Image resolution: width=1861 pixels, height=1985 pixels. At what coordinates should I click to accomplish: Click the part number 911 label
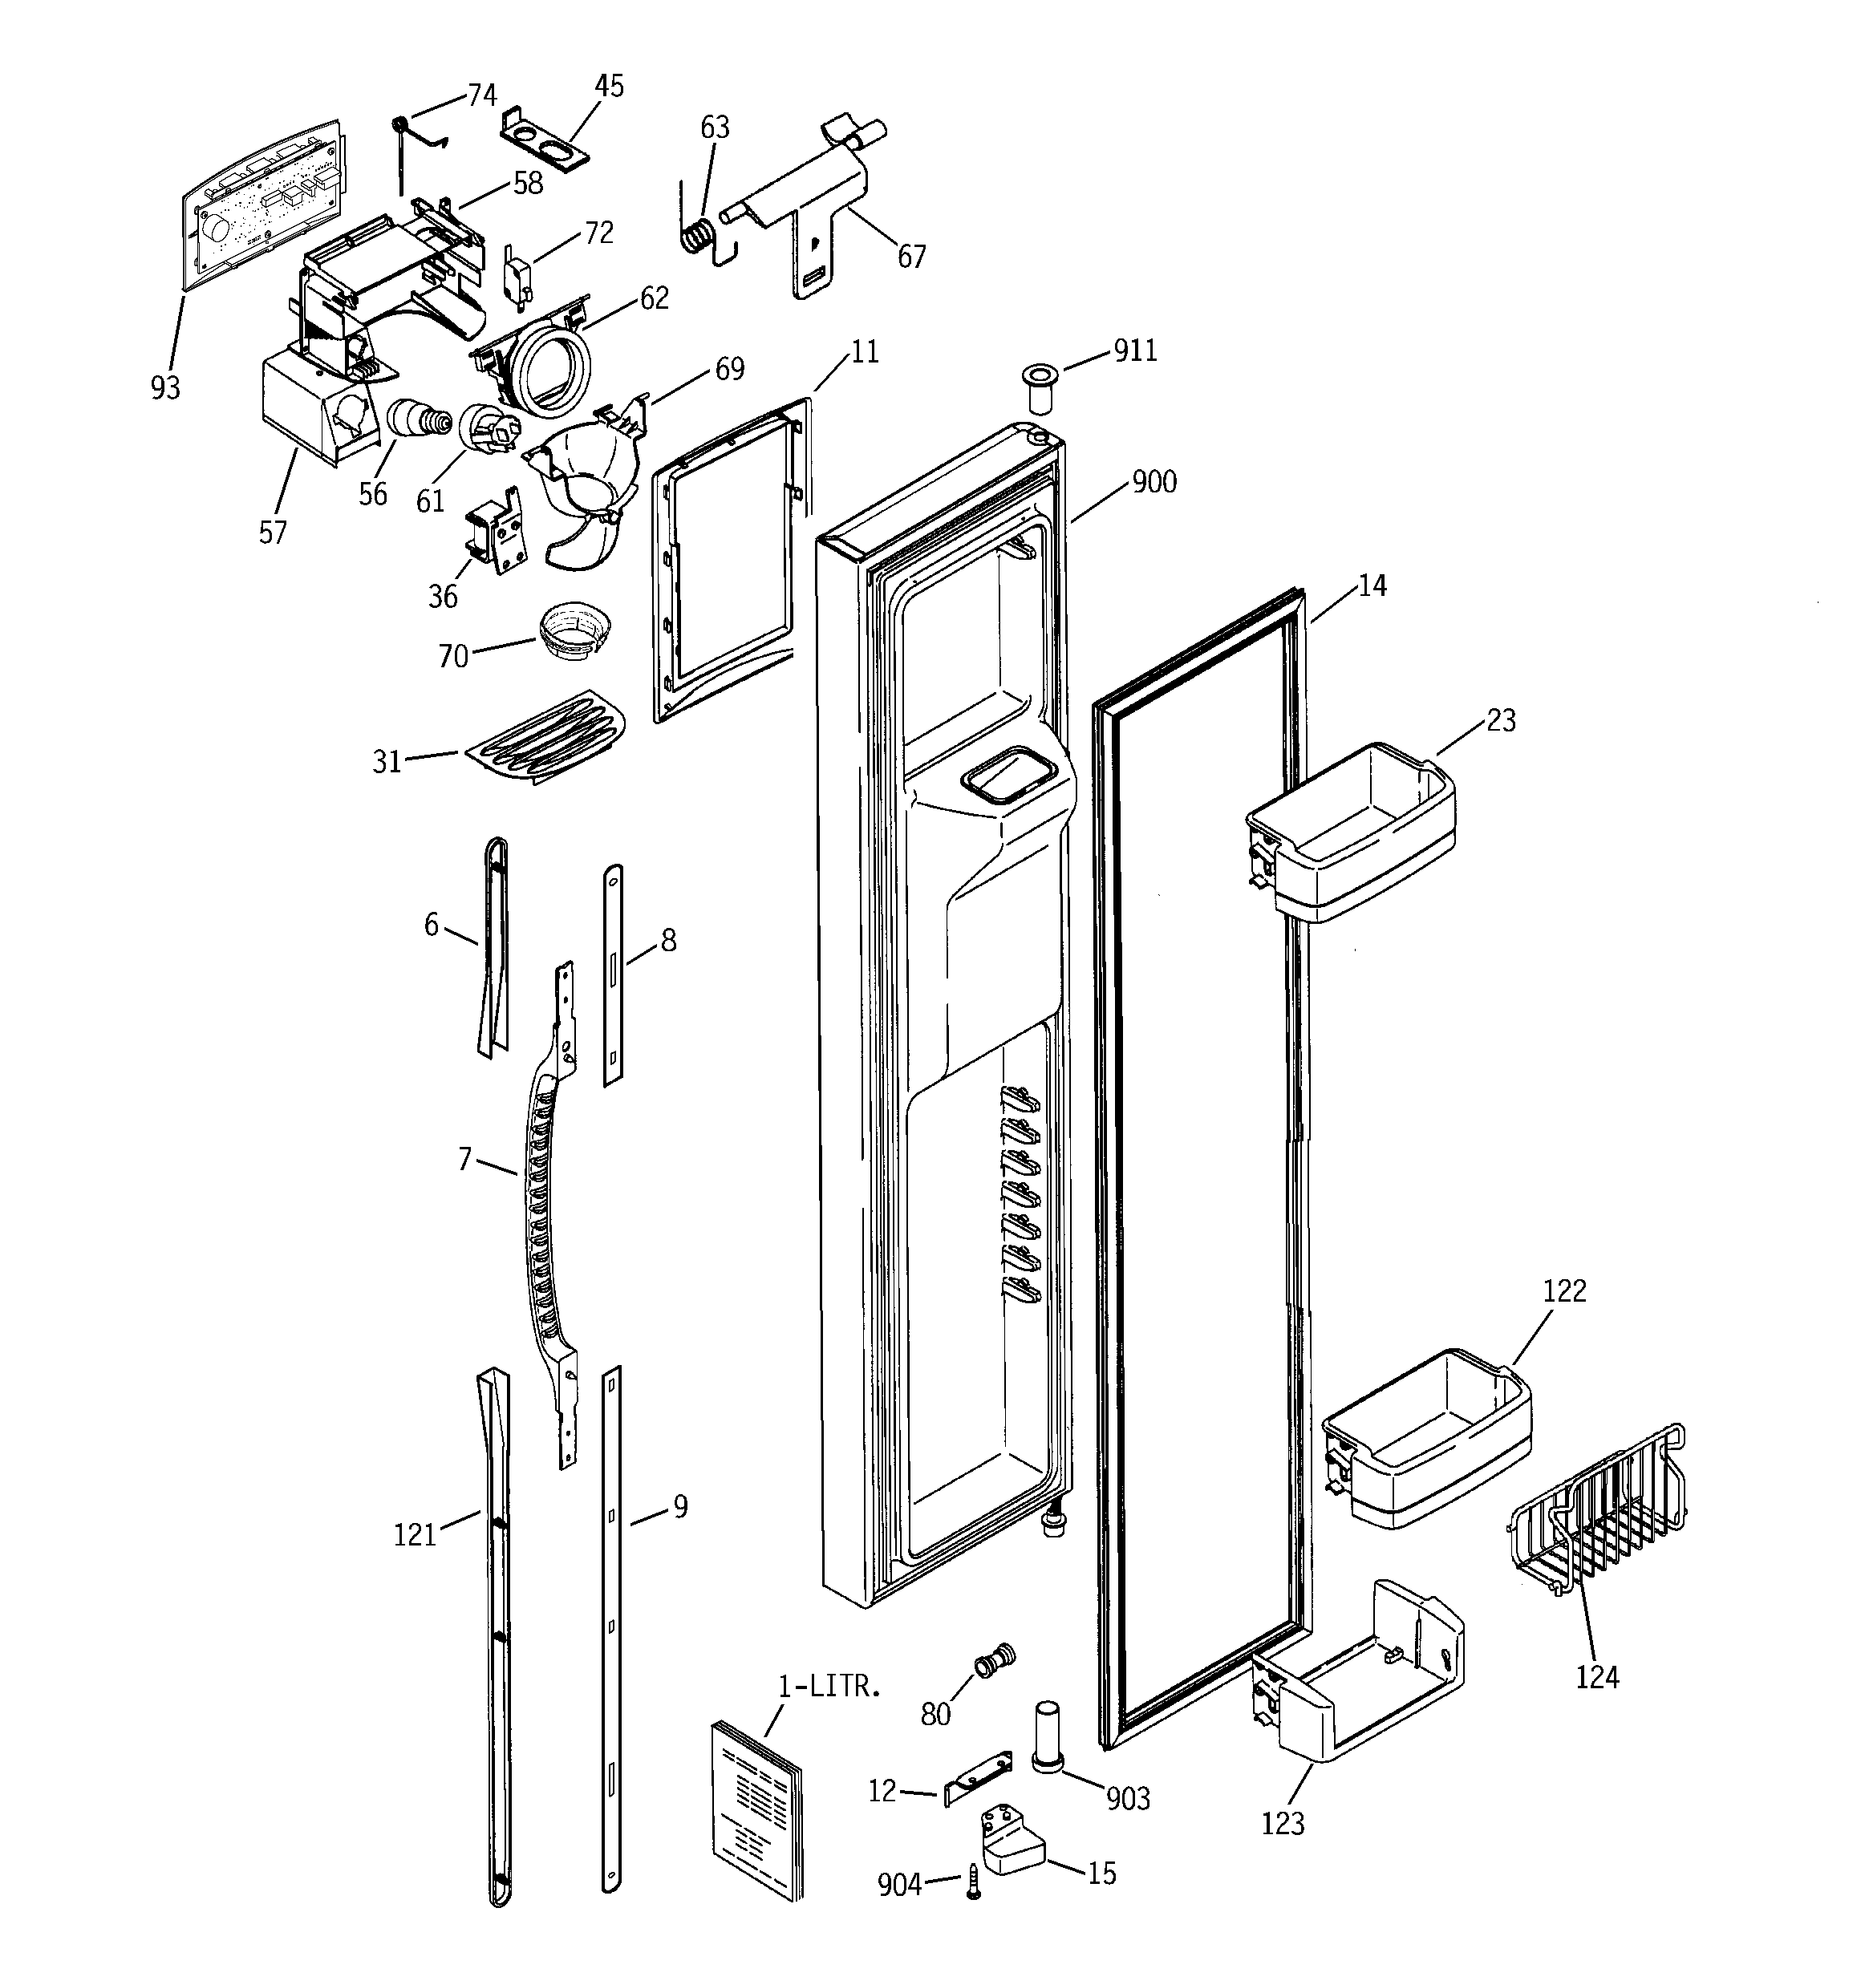point(1135,350)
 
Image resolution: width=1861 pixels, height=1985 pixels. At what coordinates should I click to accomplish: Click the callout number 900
point(1153,482)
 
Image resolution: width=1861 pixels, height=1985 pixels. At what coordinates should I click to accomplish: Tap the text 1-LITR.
point(829,1687)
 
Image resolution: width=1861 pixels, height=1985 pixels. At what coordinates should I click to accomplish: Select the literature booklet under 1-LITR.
point(757,1807)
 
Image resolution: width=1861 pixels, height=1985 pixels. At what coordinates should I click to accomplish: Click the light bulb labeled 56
point(412,417)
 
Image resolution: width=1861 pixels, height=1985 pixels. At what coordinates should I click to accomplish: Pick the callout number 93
point(166,387)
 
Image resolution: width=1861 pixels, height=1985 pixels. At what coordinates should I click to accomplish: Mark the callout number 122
point(1564,1291)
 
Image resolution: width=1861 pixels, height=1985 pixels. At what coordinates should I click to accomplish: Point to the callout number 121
point(415,1535)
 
